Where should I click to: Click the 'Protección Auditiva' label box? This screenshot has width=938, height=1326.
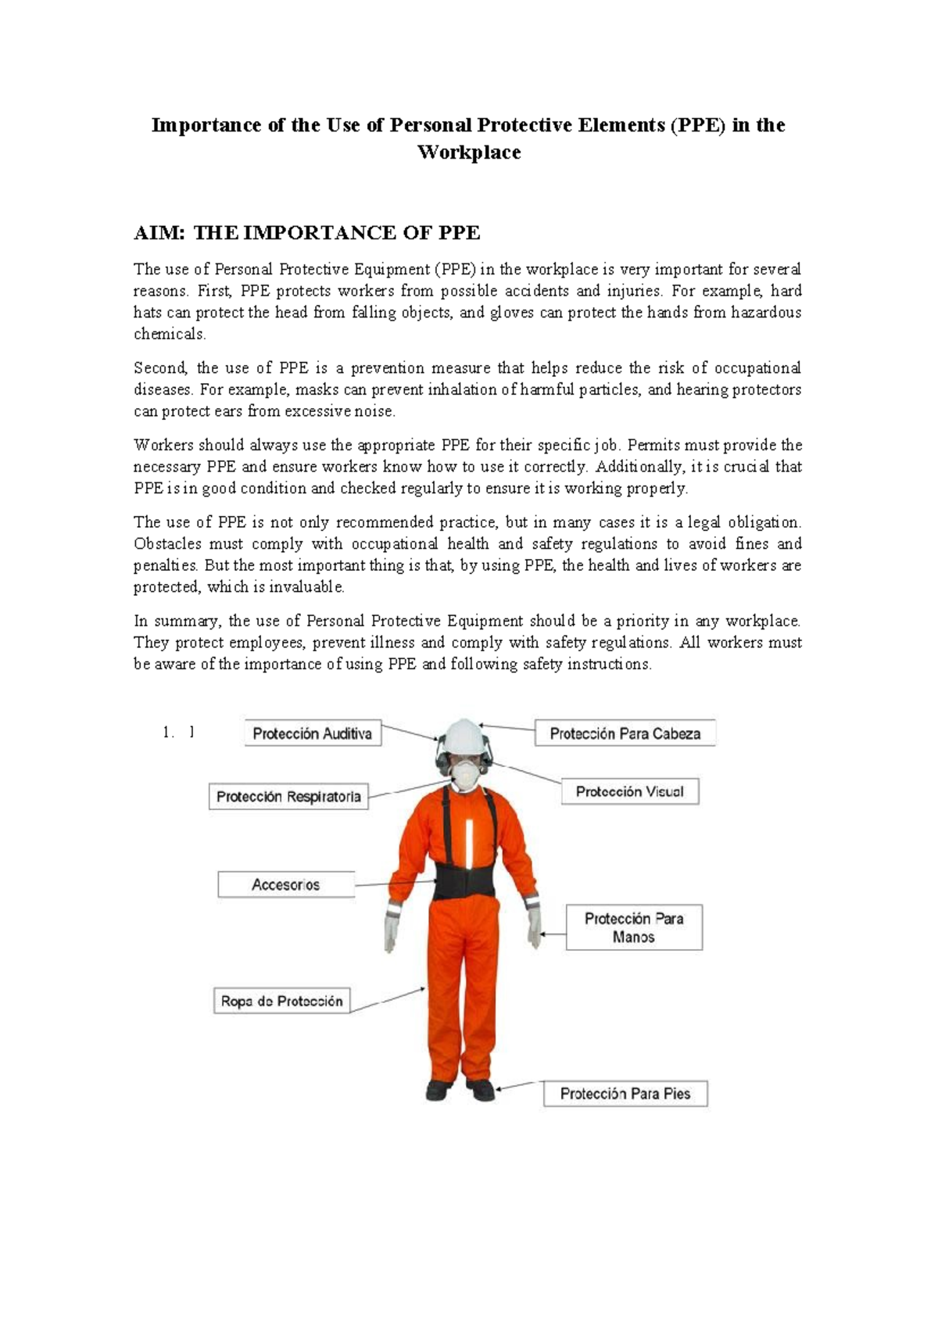click(x=313, y=733)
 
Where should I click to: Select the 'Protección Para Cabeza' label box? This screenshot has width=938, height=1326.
click(x=625, y=733)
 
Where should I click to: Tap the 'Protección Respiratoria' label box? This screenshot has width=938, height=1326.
click(x=288, y=797)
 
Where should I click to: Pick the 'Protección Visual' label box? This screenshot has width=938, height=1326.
click(x=629, y=791)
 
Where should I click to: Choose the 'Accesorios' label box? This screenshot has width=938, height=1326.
click(x=285, y=885)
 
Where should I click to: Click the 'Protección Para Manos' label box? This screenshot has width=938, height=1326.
click(x=634, y=927)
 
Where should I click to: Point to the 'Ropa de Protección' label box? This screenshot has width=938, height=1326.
click(x=281, y=1001)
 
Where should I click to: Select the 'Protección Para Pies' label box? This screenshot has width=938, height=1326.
click(x=625, y=1094)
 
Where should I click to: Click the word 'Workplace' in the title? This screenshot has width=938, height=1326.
click(x=469, y=152)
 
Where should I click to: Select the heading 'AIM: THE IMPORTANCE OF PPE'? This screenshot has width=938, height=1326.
click(x=306, y=233)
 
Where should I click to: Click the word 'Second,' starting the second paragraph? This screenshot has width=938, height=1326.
click(x=160, y=368)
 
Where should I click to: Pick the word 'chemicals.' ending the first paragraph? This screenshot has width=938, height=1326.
click(x=170, y=335)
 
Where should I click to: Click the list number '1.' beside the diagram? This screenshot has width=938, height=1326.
click(x=167, y=733)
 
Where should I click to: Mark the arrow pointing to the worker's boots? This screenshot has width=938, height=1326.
click(x=516, y=1086)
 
